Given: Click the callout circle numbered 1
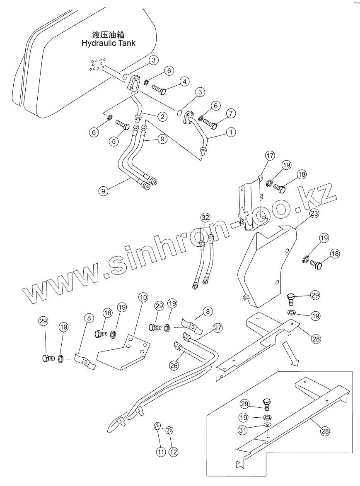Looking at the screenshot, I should pos(230,132).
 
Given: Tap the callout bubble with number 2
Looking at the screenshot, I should pos(162,117).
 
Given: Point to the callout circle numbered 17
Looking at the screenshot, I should pos(270,156).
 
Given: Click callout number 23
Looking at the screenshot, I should pos(314,214).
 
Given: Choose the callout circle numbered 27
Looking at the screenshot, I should pos(218,328).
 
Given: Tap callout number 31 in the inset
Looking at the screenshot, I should pos(243,430).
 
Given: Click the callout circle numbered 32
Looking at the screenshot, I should pos(205,217).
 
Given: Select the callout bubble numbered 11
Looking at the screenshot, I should pos(160,452).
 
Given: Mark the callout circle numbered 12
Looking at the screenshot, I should pos(173,452).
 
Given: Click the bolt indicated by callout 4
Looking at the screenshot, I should pos(159,89).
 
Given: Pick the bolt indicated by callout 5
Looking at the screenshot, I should pos(122,124).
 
